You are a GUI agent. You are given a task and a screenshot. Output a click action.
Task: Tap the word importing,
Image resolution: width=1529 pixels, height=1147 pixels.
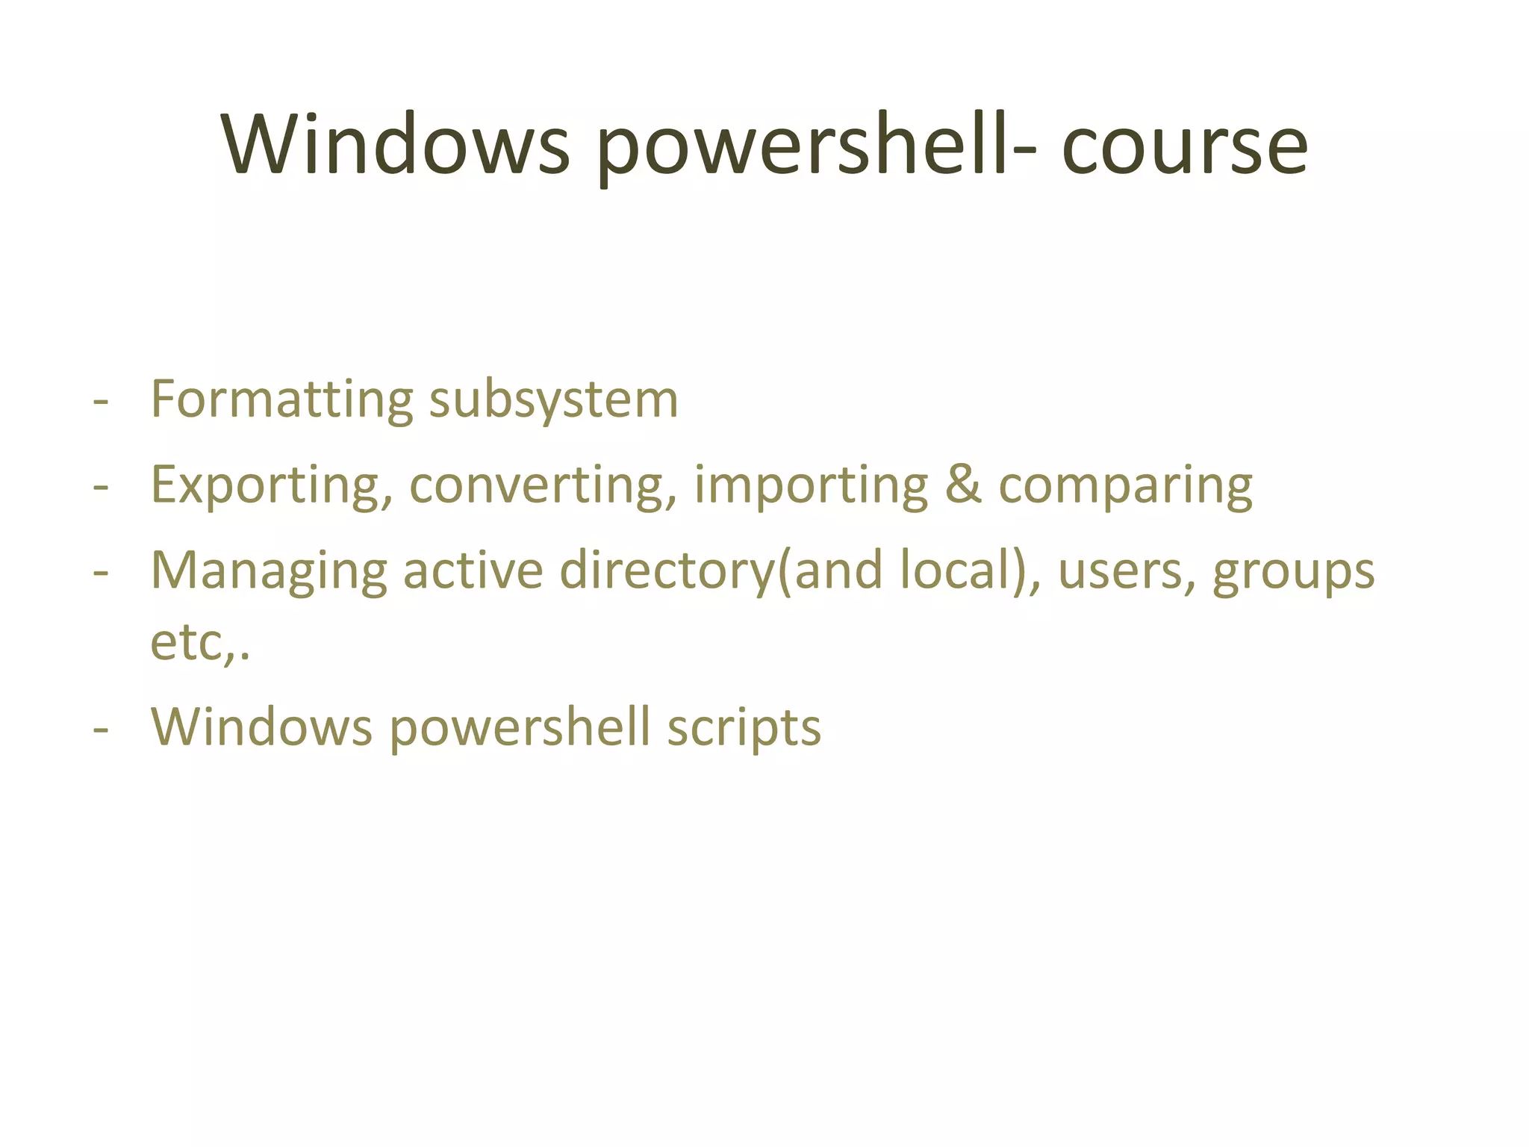(811, 486)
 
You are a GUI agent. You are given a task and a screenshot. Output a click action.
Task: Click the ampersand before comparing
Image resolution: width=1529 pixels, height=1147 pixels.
(963, 485)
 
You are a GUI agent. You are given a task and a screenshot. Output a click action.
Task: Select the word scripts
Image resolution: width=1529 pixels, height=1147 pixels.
(744, 728)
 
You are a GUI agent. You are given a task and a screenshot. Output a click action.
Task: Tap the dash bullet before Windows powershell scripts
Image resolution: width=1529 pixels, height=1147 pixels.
(101, 729)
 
